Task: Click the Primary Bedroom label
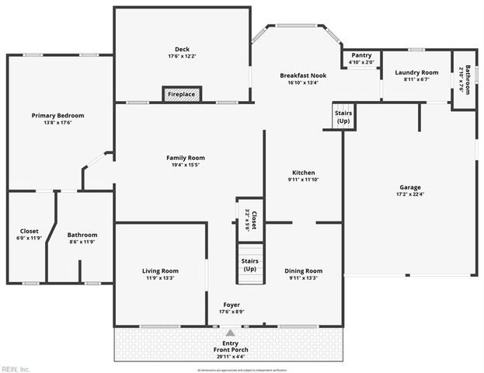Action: tap(57, 116)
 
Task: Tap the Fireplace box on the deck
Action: tap(182, 95)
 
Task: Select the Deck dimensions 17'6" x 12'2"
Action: tap(182, 57)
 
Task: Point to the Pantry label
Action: tap(361, 55)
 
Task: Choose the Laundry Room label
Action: tap(416, 72)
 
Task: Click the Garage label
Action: tap(410, 187)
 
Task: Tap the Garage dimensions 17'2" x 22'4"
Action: tap(410, 194)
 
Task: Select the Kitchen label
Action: tap(303, 173)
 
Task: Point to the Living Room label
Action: tap(160, 271)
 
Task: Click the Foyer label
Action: tap(232, 305)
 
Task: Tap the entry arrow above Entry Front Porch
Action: tap(230, 333)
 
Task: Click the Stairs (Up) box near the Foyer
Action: tap(250, 264)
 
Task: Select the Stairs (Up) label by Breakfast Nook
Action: tap(343, 117)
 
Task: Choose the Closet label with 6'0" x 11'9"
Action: tap(29, 231)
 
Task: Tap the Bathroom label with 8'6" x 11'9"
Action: tap(82, 235)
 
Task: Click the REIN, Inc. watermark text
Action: tap(16, 368)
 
